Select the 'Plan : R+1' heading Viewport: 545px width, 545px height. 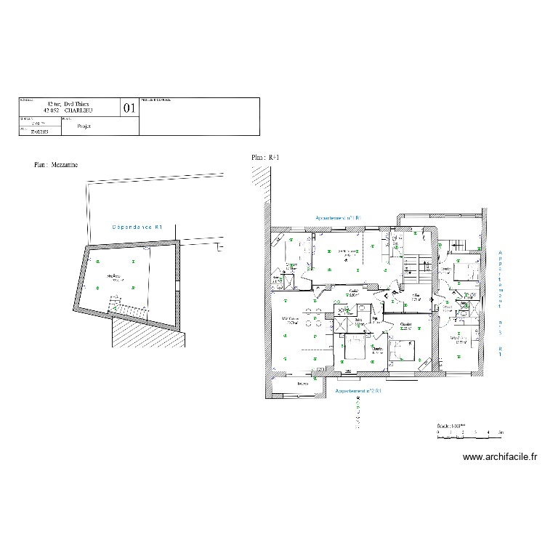265,157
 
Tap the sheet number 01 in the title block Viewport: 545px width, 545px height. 129,108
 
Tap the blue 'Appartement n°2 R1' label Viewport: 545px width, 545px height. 358,391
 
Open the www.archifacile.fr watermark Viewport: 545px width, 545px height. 500,457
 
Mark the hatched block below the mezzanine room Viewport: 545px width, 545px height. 145,333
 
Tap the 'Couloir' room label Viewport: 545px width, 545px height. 353,291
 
